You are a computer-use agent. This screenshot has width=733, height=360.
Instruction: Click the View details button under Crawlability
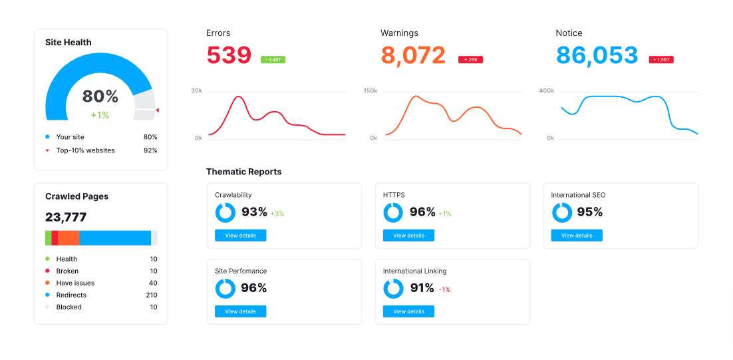pos(240,235)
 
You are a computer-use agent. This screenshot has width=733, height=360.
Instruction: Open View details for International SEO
pos(577,235)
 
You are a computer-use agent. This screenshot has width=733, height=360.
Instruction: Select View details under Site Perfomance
pos(240,311)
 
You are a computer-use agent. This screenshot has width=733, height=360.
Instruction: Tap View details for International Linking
pos(408,311)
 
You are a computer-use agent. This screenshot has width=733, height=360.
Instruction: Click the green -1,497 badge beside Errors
pos(273,59)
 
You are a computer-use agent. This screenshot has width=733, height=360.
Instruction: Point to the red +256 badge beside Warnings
pos(470,59)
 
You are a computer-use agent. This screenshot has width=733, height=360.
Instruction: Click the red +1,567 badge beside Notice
pos(661,59)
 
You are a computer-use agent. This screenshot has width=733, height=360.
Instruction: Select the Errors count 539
pos(229,55)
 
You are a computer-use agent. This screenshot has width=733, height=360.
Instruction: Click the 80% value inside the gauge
pos(100,96)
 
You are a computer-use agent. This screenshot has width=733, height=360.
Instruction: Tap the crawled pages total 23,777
pos(66,217)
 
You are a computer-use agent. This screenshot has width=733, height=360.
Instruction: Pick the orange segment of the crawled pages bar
pos(69,238)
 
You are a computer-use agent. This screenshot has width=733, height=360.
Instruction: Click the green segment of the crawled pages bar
pos(48,238)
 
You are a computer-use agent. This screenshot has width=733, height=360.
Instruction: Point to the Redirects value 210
pos(152,295)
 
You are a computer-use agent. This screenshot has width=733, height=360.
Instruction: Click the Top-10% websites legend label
pos(85,150)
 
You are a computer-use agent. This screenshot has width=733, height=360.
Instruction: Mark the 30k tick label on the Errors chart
pos(196,90)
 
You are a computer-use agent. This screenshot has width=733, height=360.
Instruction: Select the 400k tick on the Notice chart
pos(546,90)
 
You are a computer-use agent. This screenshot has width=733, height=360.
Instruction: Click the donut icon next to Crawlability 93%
pos(225,212)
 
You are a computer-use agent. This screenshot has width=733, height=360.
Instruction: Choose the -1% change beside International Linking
pos(444,289)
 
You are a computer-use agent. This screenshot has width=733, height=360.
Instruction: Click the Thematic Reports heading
pos(243,172)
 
